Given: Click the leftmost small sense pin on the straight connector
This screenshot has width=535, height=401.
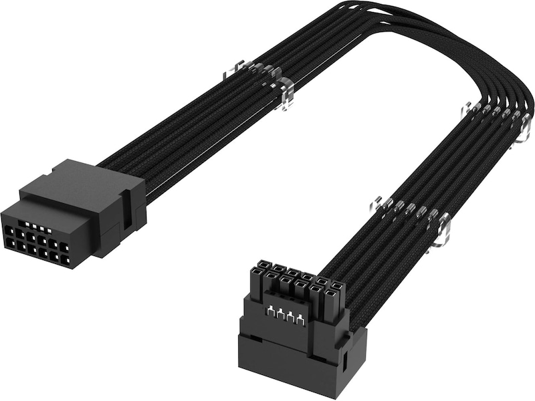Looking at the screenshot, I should [x=27, y=225].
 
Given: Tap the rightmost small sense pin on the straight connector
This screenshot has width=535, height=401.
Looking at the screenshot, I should [x=49, y=231].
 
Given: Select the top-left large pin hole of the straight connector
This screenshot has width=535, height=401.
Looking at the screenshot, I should [x=9, y=231].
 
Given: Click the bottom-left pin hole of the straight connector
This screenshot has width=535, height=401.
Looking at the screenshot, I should [x=10, y=243].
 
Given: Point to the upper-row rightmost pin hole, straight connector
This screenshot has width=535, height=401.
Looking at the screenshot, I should [x=65, y=247].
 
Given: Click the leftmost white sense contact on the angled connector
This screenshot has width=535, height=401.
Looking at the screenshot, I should [x=270, y=311].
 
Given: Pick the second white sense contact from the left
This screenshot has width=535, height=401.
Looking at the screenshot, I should [x=280, y=313].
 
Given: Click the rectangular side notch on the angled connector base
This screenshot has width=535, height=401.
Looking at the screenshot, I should [x=344, y=360].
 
